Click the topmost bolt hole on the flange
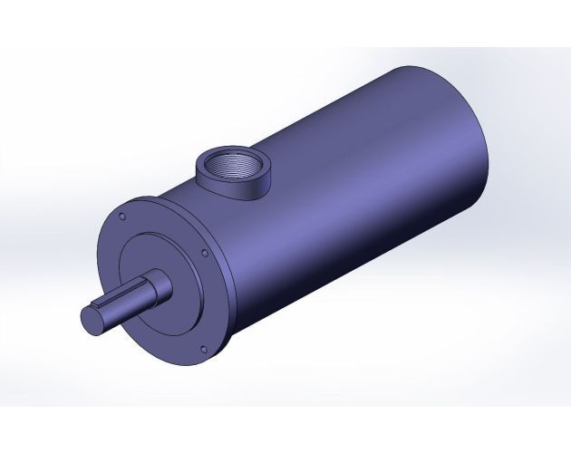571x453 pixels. pos(120,216)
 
